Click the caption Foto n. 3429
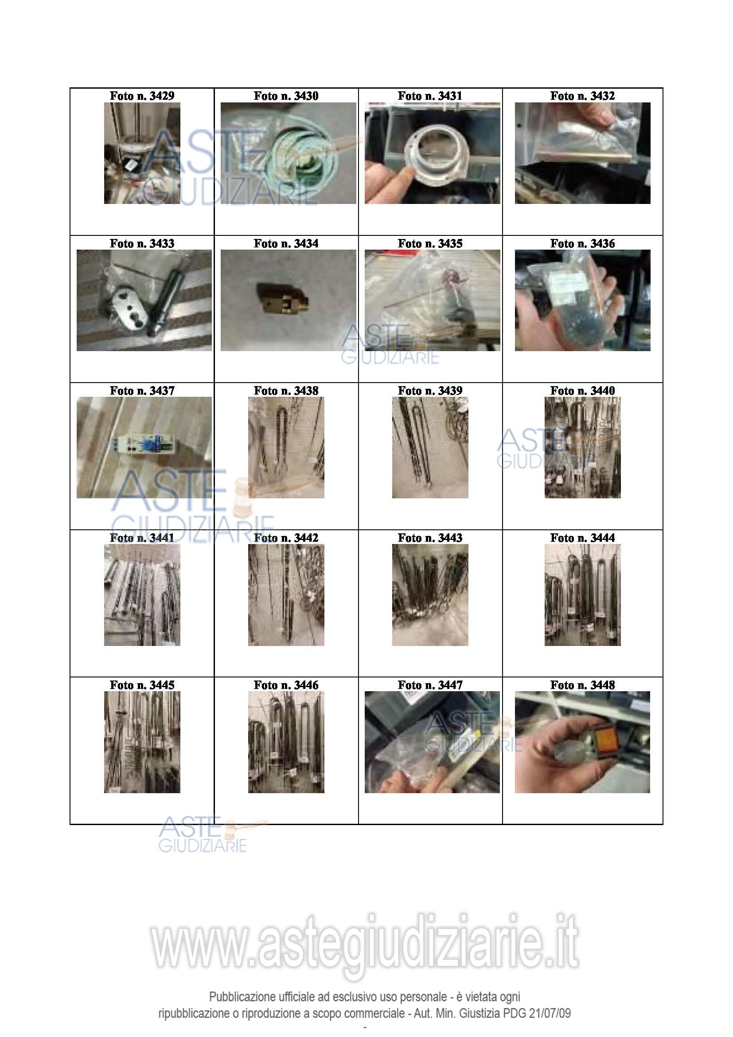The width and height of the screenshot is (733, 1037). [142, 96]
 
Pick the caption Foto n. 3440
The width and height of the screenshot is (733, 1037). [582, 391]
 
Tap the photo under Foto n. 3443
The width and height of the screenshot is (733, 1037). [430, 595]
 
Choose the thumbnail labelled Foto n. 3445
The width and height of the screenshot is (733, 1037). [142, 742]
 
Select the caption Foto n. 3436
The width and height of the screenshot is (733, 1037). [582, 243]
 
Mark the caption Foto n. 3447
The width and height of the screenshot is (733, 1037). [430, 685]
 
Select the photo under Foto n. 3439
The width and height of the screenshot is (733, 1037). [430, 448]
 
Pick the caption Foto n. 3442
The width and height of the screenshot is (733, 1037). [286, 538]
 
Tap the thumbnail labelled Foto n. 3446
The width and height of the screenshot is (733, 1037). [286, 742]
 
